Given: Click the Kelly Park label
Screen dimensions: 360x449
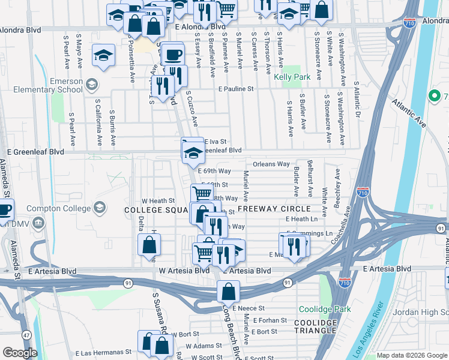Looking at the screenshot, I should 292,77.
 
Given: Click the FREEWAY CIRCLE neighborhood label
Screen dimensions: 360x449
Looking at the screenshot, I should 274,209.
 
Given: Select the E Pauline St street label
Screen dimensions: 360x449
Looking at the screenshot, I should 236,89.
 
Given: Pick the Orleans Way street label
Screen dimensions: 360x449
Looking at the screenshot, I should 271,164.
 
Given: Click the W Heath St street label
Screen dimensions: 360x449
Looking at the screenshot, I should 157,200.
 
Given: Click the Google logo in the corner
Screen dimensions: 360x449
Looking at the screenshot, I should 20,353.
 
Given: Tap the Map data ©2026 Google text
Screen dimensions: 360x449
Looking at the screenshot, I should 411,355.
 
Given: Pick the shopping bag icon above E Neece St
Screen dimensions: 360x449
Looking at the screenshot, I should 228,292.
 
